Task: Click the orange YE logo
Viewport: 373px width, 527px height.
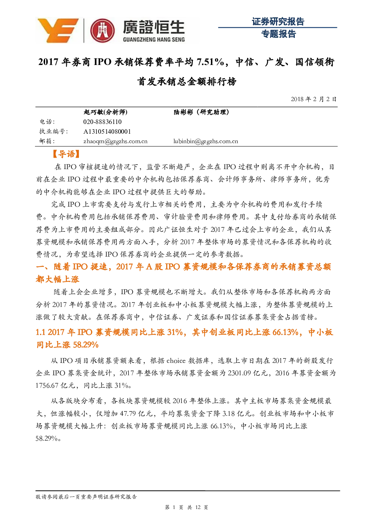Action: pos(58,30)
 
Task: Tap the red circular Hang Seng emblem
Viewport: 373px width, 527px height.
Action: pos(102,31)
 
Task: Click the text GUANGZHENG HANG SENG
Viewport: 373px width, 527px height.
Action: pos(154,39)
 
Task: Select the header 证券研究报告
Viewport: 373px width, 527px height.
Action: pos(278,22)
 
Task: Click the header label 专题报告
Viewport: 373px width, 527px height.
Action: pos(278,34)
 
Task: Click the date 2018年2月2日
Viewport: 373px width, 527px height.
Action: pos(314,99)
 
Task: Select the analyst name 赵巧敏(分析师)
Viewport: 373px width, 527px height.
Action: pos(105,112)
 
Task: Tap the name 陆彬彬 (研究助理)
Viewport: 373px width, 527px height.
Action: pos(201,112)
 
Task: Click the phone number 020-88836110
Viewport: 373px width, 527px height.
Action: pos(102,122)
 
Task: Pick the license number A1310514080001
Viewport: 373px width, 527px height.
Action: pos(107,131)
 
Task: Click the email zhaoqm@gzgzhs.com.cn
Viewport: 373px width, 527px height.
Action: pos(115,141)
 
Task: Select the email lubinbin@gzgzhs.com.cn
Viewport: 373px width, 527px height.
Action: pos(206,141)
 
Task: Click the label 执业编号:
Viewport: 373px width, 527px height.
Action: pos(53,131)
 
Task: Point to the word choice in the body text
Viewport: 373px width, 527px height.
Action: pos(176,361)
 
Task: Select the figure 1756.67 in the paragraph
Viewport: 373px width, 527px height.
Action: pos(47,386)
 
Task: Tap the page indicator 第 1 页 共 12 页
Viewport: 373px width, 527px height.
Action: pos(186,507)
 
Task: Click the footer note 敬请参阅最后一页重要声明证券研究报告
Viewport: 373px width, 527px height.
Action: pos(86,497)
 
